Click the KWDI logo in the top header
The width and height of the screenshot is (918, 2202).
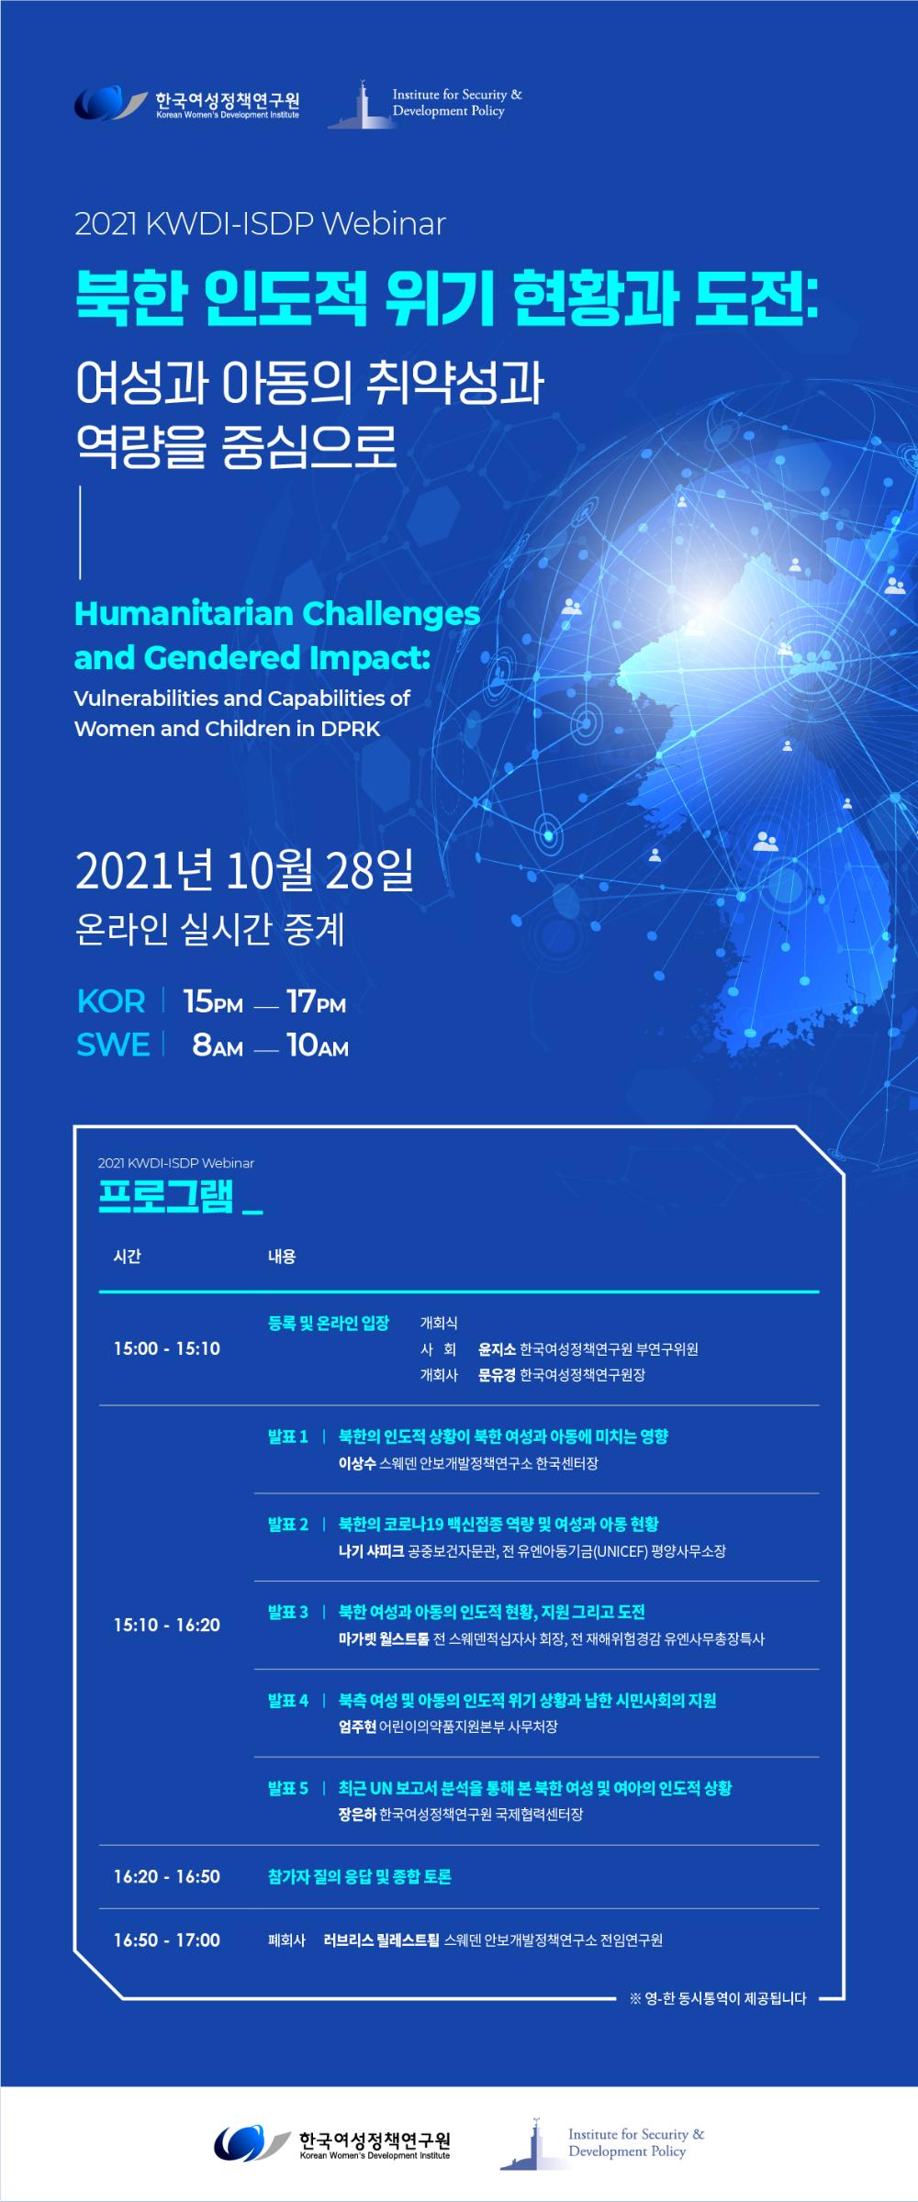(187, 102)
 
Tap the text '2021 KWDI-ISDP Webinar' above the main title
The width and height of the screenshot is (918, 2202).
(260, 224)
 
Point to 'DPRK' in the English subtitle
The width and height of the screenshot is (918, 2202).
(351, 729)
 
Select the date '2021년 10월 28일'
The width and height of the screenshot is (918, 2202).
(244, 872)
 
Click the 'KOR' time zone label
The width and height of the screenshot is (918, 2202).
(111, 1001)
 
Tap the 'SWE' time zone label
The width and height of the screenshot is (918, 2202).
(113, 1045)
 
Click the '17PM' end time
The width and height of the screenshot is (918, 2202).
(316, 1001)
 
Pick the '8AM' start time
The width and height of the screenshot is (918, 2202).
(218, 1045)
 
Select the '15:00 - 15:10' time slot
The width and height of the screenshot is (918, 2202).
(167, 1348)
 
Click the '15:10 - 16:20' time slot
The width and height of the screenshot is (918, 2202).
(167, 1625)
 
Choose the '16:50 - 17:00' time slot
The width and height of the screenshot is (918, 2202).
(167, 1939)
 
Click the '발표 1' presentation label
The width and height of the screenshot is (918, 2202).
(288, 1436)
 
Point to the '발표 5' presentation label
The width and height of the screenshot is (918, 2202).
(288, 1788)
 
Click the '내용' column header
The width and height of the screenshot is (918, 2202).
(282, 1257)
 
